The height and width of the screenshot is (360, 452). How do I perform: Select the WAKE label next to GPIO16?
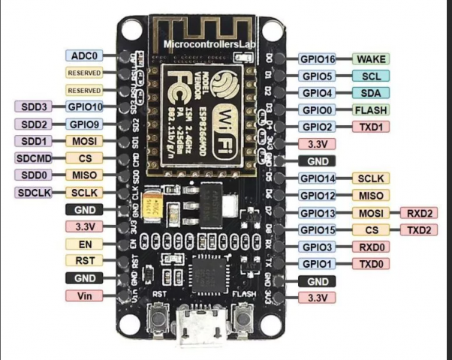(x=371, y=58)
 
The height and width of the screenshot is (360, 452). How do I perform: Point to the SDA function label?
(x=371, y=92)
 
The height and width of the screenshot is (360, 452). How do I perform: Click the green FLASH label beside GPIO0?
(x=371, y=109)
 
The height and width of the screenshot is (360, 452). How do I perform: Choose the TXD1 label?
(x=371, y=127)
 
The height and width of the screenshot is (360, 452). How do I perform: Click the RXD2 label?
(x=419, y=213)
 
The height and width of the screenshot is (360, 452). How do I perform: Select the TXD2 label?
(x=419, y=229)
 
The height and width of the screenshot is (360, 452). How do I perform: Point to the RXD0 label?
(x=371, y=247)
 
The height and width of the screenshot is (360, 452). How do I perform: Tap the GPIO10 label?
(x=86, y=106)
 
